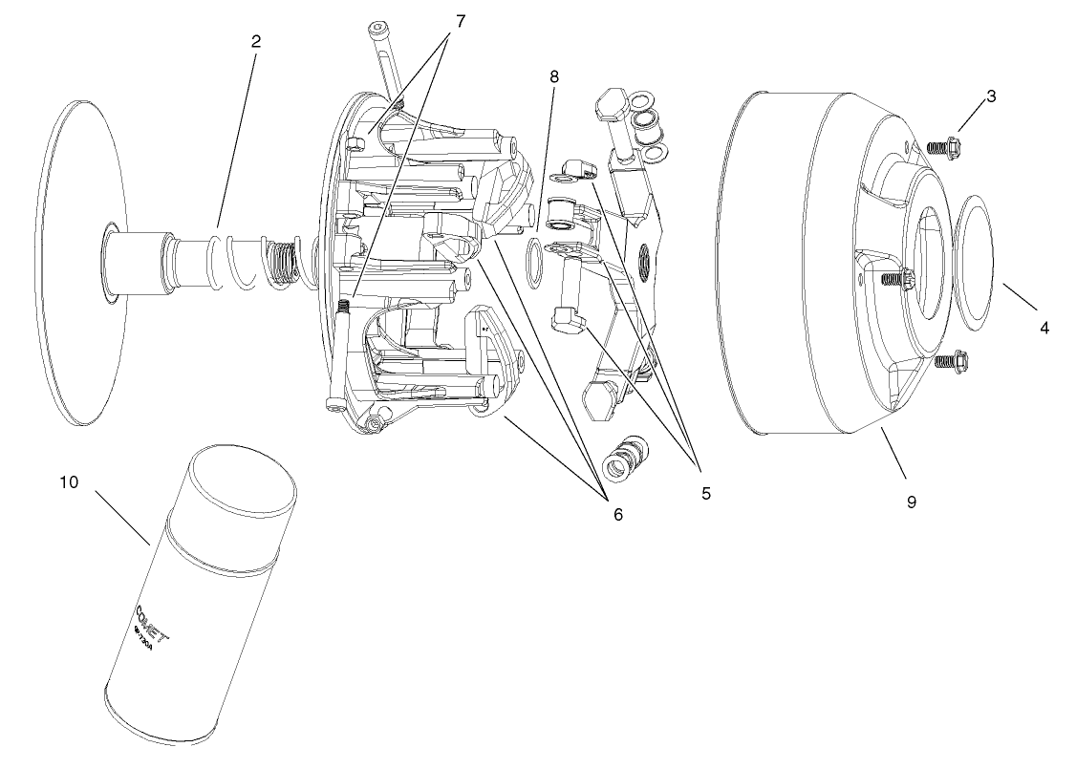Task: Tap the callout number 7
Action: [461, 21]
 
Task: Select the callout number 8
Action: [553, 75]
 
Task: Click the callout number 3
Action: [991, 96]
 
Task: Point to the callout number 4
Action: [1044, 328]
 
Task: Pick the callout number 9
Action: [911, 501]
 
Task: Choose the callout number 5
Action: [704, 493]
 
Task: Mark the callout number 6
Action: [617, 514]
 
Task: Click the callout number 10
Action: [68, 481]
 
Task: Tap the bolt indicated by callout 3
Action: [943, 146]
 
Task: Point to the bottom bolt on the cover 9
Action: [946, 362]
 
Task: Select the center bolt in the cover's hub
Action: [895, 279]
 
